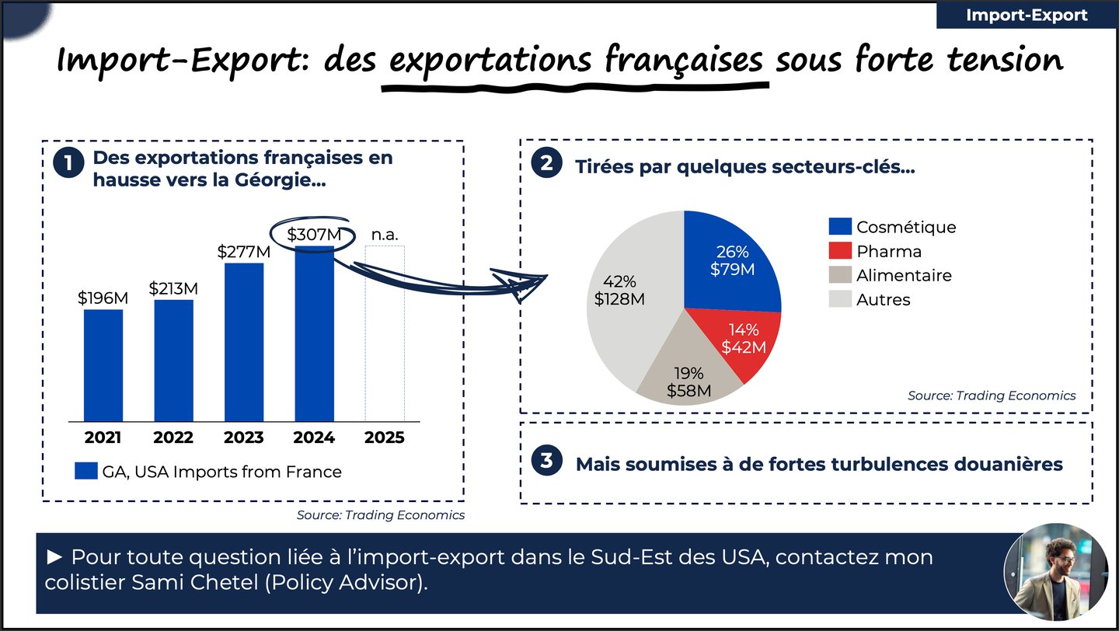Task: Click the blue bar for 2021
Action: (x=103, y=365)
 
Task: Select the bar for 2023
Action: (x=244, y=342)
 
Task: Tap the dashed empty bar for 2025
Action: (x=385, y=334)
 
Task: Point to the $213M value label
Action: (x=173, y=289)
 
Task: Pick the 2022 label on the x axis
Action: (x=173, y=438)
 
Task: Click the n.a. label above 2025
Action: (x=384, y=234)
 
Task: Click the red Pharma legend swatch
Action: (x=840, y=251)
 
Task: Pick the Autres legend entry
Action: (x=883, y=299)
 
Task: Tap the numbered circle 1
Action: (x=68, y=164)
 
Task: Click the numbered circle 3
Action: (x=546, y=461)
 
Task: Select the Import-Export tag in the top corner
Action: (x=1027, y=16)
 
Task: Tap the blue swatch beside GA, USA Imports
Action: (x=85, y=472)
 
